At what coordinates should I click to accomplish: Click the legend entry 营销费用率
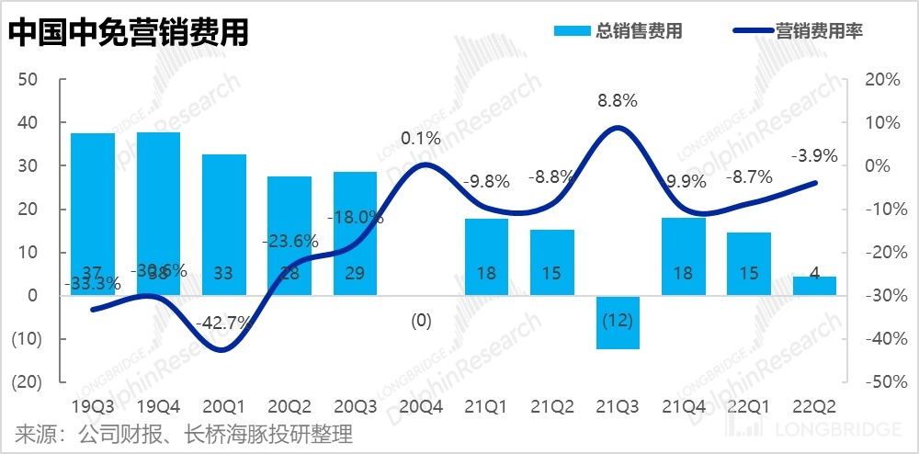[x=798, y=30]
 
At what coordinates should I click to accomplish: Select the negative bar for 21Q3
[x=618, y=323]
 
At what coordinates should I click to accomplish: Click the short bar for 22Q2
[x=815, y=285]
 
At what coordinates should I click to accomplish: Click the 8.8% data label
[x=618, y=100]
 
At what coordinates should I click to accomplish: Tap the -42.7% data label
[x=224, y=323]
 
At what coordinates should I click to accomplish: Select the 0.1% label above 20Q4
[x=421, y=139]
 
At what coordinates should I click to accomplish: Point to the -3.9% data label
[x=815, y=156]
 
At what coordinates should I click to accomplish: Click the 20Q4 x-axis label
[x=421, y=405]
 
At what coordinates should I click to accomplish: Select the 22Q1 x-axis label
[x=749, y=405]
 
